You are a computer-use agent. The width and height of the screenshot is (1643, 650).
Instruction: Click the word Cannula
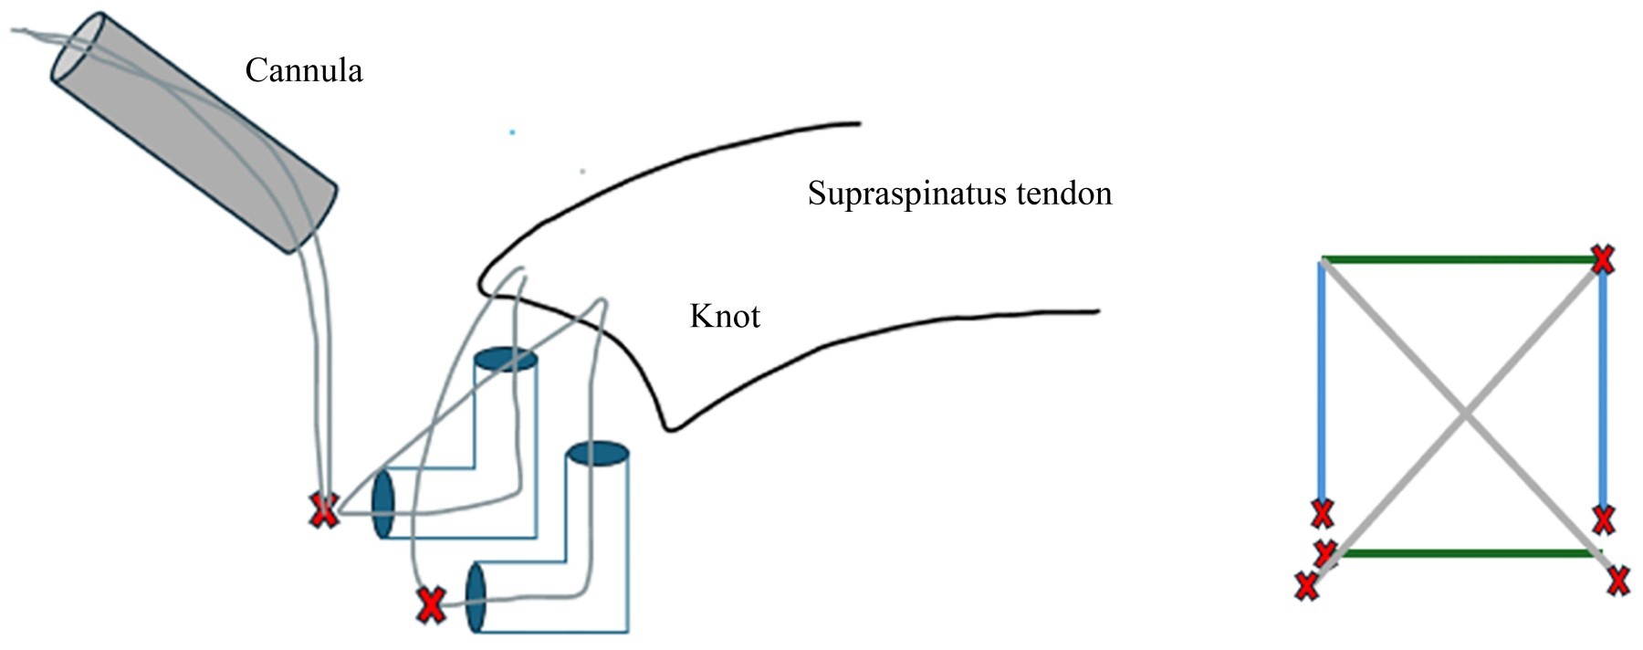303,70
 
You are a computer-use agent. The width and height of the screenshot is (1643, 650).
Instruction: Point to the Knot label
725,316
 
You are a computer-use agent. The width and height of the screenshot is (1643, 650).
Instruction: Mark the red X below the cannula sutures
323,510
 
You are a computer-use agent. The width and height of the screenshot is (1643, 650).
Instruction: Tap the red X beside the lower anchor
431,605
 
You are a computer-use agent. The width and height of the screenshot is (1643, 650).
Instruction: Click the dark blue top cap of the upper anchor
505,360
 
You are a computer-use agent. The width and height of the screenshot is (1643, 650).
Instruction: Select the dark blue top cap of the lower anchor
598,454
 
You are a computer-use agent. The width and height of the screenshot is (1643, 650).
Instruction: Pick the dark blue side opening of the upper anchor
383,504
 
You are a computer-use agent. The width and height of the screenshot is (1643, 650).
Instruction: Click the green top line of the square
1460,259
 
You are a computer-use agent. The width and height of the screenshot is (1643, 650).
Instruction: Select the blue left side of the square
1322,383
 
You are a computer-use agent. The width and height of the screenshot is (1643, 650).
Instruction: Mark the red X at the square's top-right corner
1602,259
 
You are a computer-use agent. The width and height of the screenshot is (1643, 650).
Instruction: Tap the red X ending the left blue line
1322,514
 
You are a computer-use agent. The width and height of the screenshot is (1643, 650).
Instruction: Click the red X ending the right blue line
1604,519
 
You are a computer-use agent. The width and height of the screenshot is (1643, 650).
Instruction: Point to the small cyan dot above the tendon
512,132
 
